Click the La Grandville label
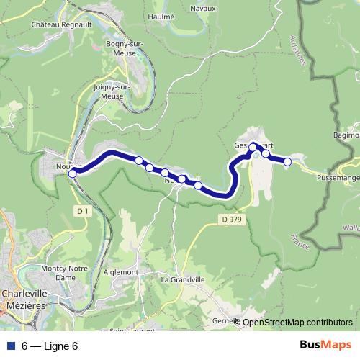pyautogui.click(x=183, y=279)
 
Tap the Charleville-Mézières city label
pyautogui.click(x=25, y=299)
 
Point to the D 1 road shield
pyautogui.click(x=82, y=210)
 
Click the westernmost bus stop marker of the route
pyautogui.click(x=72, y=173)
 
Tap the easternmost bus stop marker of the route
pyautogui.click(x=287, y=162)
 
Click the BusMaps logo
pyautogui.click(x=325, y=346)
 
